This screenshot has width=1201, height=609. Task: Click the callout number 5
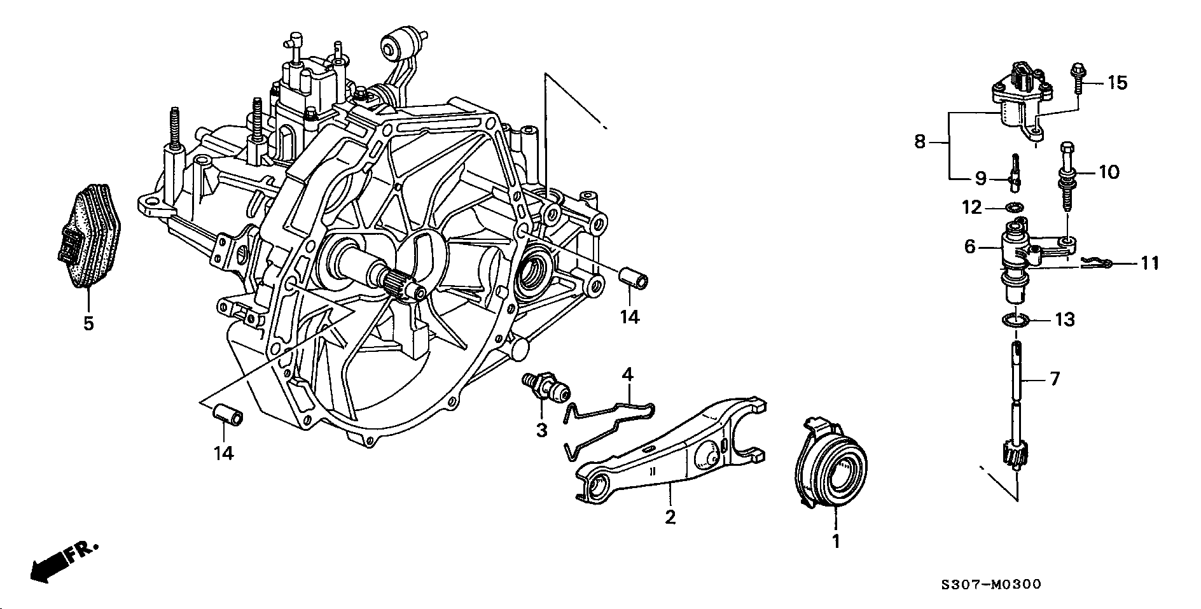(88, 323)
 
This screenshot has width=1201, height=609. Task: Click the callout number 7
(1055, 379)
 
